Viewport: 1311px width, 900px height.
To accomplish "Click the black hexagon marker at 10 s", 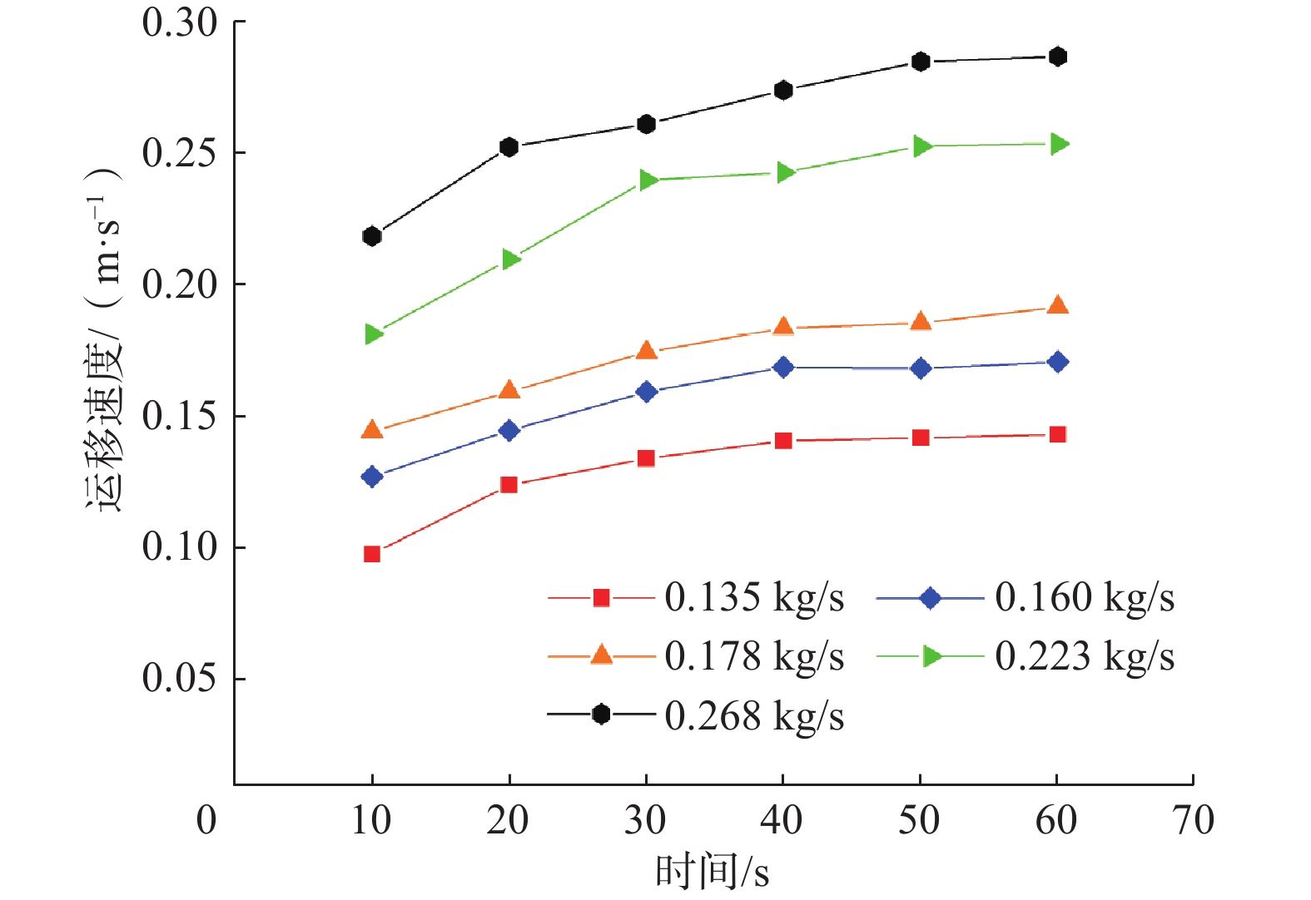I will coord(372,236).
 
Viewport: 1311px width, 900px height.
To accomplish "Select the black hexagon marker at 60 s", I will coord(1058,57).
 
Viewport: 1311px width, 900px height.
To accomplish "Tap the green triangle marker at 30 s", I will coord(648,180).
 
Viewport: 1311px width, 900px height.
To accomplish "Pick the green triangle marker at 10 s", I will coord(374,334).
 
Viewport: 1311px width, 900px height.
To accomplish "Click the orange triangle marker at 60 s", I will coord(1058,305).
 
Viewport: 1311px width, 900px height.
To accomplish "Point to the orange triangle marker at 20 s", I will coord(509,390).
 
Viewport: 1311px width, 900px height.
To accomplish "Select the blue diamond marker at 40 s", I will coord(783,367).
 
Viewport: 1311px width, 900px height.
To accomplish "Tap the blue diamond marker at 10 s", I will coord(372,477).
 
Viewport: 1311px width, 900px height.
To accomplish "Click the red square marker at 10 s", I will coord(372,554).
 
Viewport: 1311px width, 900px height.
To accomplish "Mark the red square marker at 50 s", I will coord(921,438).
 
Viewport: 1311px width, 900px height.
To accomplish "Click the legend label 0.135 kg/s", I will coord(754,597).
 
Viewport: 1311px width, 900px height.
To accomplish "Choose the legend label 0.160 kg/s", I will coord(1085,597).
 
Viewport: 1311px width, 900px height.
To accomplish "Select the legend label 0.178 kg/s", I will coord(754,656).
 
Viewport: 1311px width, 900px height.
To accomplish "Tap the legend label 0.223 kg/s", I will coord(1085,656).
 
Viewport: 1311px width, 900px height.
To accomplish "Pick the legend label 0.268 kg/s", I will coord(754,715).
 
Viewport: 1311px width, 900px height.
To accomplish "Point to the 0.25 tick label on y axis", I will coord(179,153).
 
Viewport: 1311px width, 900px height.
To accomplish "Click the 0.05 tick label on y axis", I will coord(179,679).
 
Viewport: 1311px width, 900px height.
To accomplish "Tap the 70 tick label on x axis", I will coord(1193,821).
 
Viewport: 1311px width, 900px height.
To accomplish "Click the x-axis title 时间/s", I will coord(713,873).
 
